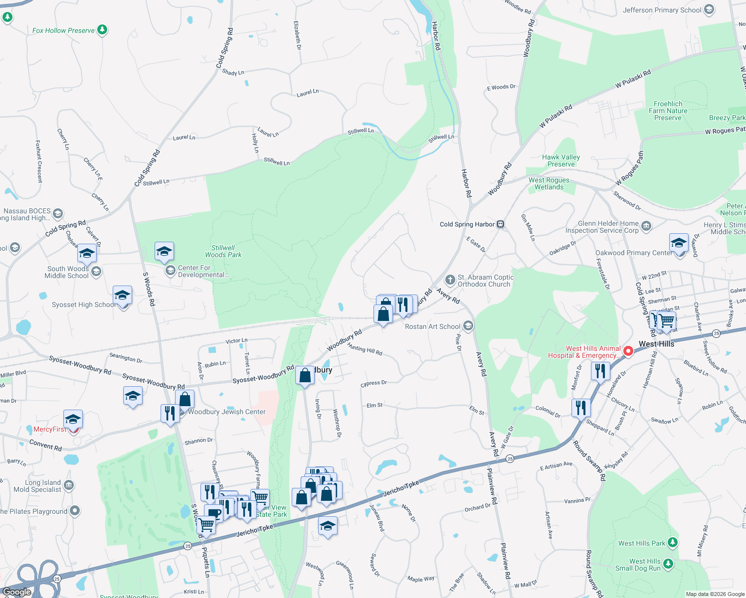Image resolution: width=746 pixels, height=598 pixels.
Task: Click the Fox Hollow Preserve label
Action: point(63,30)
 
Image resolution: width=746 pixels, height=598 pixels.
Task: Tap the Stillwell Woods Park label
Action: point(223,251)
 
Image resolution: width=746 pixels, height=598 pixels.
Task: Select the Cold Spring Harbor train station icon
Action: point(501,224)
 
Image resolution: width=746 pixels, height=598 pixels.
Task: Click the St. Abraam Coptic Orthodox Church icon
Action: point(450,280)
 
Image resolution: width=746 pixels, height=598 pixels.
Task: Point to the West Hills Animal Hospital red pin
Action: point(628,351)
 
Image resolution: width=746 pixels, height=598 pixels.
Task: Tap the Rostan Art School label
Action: point(432,326)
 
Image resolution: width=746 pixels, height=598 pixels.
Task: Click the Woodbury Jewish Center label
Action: point(226,412)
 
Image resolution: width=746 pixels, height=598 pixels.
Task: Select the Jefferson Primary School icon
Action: point(709,10)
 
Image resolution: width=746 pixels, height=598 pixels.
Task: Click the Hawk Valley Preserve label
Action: point(561,160)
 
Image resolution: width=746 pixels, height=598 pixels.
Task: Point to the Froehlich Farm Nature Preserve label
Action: point(668,111)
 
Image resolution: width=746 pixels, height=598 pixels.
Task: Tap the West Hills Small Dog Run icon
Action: point(668,564)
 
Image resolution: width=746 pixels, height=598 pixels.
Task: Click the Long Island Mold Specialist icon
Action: point(69,485)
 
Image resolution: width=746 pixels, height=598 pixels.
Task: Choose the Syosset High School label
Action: point(83,304)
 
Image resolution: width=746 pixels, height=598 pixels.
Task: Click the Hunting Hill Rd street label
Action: point(365,349)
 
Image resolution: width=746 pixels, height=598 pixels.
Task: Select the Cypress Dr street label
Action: point(373,383)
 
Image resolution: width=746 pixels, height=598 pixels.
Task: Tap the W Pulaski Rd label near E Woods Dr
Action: point(556,117)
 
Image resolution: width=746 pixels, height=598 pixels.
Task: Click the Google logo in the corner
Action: point(16,592)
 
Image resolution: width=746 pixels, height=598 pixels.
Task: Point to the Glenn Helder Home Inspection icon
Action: point(646,226)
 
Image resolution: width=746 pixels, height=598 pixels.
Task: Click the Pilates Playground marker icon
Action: point(75,511)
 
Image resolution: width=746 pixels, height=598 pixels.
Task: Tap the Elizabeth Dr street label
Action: point(297,35)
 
